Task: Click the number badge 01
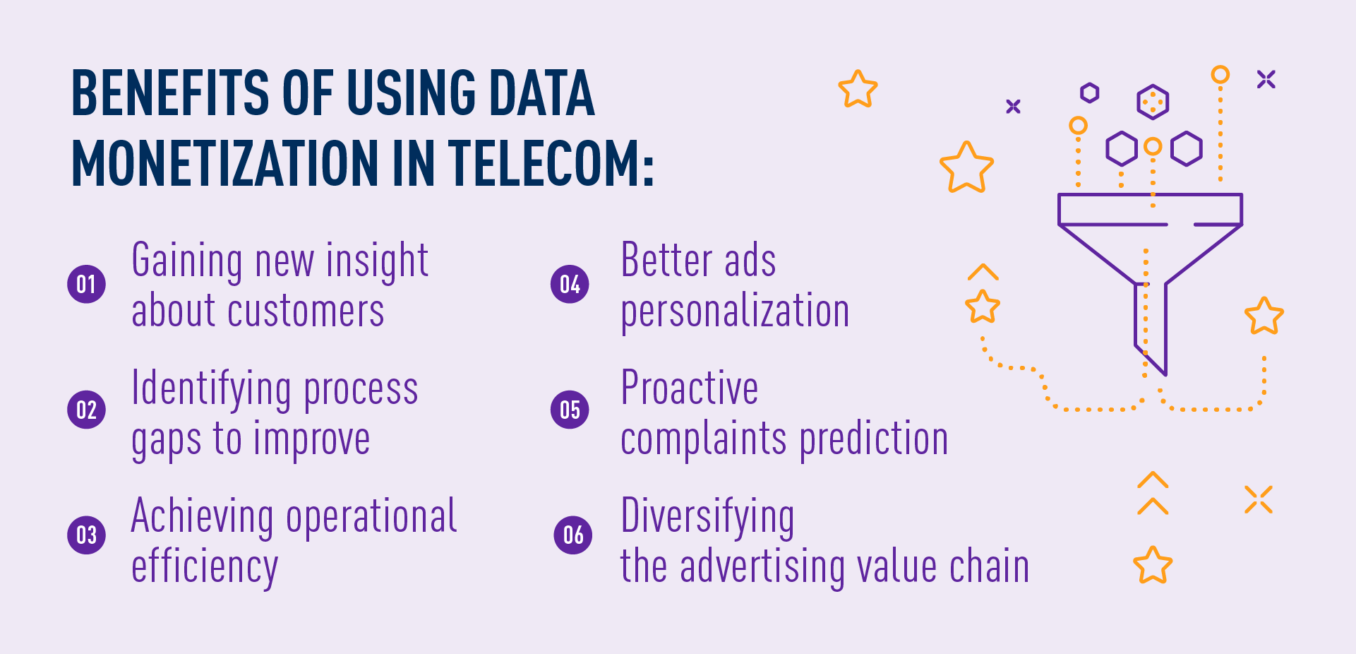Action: [86, 284]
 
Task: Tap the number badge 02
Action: [86, 410]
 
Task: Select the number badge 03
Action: [86, 535]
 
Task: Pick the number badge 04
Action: [570, 284]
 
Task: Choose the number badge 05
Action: [570, 410]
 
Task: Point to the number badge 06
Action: [572, 535]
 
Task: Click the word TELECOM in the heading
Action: [550, 162]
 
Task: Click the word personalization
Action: [735, 311]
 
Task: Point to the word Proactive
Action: [689, 388]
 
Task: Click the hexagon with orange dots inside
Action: [1152, 102]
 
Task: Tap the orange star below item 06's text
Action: [1152, 565]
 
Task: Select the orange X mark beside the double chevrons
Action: [1258, 499]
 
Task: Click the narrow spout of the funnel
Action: [1150, 325]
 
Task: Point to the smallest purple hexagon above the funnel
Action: [1089, 93]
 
